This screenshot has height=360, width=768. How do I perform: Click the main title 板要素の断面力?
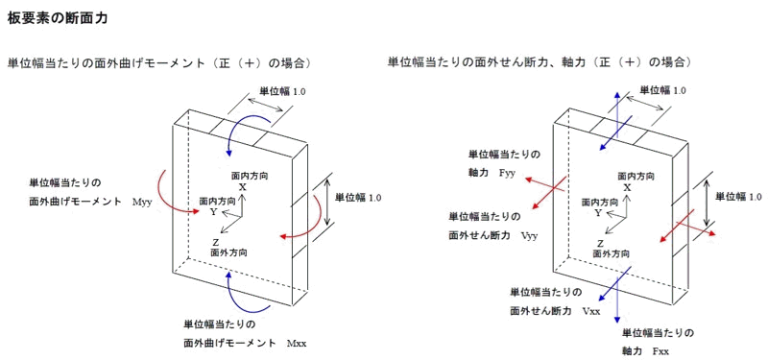pos(57,18)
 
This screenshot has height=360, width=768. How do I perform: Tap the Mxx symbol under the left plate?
pos(297,343)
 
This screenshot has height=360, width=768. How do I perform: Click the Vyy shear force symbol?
pos(531,235)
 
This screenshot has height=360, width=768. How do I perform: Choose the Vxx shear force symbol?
pos(591,311)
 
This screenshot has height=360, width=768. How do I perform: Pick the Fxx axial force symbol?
pos(661,351)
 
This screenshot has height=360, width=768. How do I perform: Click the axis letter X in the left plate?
pos(243,187)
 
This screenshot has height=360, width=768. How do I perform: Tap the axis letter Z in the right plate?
pos(599,243)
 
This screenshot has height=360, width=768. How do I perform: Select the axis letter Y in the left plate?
pos(213,212)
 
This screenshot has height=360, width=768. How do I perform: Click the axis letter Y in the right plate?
pos(597,212)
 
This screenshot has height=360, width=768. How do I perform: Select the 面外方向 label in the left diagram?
pos(228,253)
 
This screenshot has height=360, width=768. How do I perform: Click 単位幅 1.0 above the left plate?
pos(281,90)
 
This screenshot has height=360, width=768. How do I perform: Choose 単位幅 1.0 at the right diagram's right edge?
pos(738,197)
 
